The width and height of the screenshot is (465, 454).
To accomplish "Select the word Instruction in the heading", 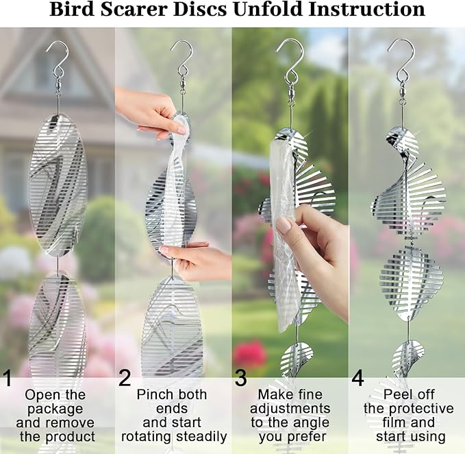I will tap(363, 10).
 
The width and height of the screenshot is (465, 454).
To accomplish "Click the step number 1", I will tap(8, 379).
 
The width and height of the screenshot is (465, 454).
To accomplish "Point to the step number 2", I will tap(124, 379).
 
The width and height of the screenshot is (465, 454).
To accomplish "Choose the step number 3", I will tap(240, 379).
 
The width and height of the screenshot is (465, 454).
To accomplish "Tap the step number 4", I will tap(357, 379).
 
